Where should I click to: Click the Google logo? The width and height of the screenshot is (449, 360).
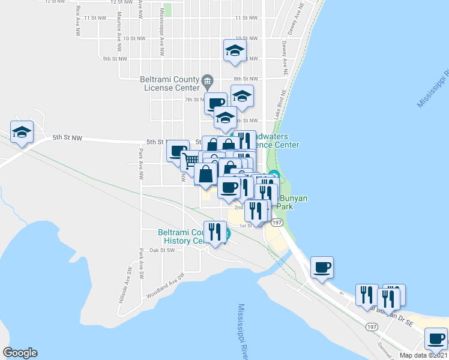click(20, 353)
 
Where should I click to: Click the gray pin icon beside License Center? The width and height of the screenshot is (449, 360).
click(208, 80)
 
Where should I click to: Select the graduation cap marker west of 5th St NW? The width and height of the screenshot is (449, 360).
click(22, 133)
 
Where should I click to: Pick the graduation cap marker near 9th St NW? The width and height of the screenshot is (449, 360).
click(235, 50)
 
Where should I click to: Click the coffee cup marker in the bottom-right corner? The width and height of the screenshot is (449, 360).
click(436, 337)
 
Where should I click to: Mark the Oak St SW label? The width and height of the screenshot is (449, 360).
click(162, 250)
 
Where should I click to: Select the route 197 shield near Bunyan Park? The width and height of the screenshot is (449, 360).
click(276, 222)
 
